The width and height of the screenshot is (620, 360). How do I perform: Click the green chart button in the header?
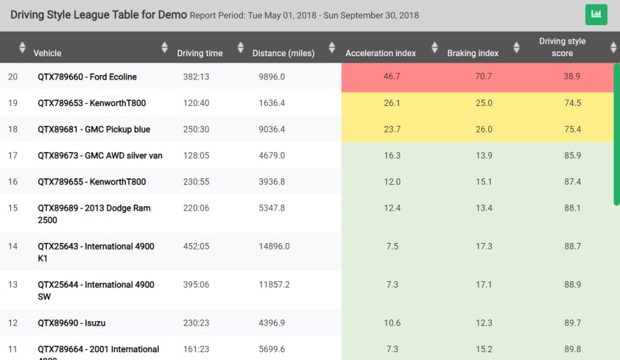pyautogui.click(x=596, y=14)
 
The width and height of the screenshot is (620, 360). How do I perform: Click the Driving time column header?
pyautogui.click(x=200, y=53)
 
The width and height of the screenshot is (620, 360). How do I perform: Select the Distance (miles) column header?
pyautogui.click(x=283, y=53)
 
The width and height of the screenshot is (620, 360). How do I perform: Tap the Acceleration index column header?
pyautogui.click(x=380, y=53)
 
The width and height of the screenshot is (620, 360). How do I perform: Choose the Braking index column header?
pyautogui.click(x=473, y=53)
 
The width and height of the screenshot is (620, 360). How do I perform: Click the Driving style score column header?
pyautogui.click(x=562, y=47)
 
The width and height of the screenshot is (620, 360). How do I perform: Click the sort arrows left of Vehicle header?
pyautogui.click(x=23, y=47)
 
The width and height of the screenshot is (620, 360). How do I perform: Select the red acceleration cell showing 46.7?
pyautogui.click(x=391, y=76)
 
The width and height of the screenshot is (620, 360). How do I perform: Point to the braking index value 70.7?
pyautogui.click(x=483, y=76)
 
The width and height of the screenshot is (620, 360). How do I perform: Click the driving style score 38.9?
pyautogui.click(x=572, y=76)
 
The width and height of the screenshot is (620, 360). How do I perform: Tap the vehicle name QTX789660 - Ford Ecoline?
pyautogui.click(x=87, y=77)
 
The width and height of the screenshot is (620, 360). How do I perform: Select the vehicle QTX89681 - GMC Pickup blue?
pyautogui.click(x=94, y=129)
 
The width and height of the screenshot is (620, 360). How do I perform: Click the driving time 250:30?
pyautogui.click(x=196, y=129)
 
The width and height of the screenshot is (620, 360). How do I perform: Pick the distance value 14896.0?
pyautogui.click(x=274, y=246)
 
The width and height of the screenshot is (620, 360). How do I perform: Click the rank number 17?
pyautogui.click(x=13, y=155)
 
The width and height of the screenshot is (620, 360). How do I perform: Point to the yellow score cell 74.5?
pyautogui.click(x=572, y=103)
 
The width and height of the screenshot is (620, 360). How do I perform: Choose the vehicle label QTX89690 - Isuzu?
pyautogui.click(x=72, y=323)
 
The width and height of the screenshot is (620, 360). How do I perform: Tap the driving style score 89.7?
pyautogui.click(x=572, y=323)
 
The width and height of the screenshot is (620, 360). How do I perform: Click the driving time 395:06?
pyautogui.click(x=196, y=284)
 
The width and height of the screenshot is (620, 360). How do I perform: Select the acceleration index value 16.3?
pyautogui.click(x=391, y=155)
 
